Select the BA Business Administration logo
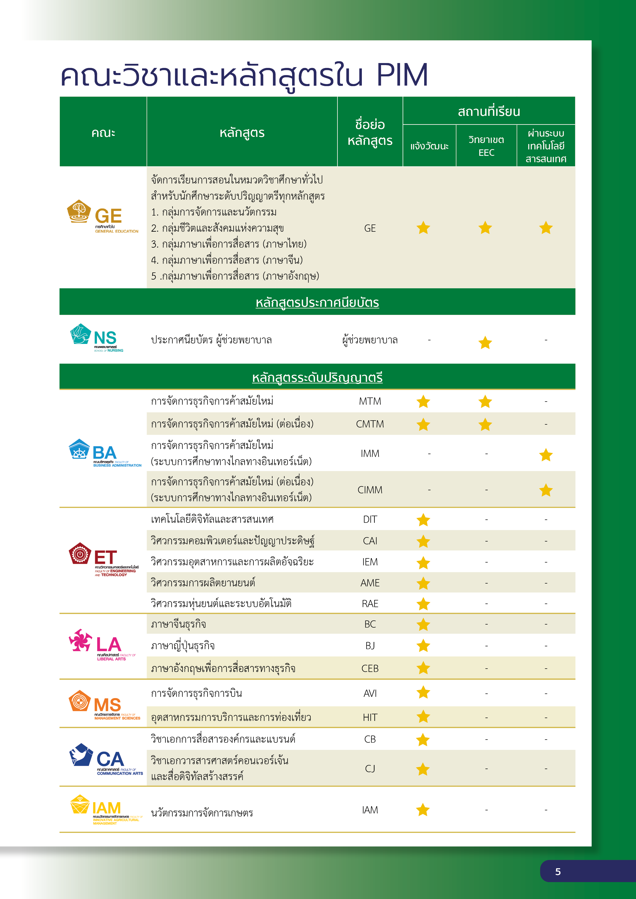tap(104, 453)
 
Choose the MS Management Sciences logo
tap(104, 705)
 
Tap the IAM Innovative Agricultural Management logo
tap(106, 809)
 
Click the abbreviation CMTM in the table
tap(370, 424)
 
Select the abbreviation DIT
tap(370, 519)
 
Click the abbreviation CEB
tap(370, 668)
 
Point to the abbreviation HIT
tap(370, 717)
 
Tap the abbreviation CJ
tap(370, 769)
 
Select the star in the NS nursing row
tap(485, 343)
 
